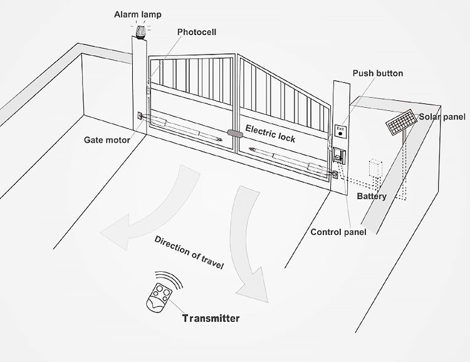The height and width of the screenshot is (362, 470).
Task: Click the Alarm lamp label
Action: pos(137,14)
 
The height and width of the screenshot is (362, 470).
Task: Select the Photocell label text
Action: pos(197,32)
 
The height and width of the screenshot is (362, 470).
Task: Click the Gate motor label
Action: pos(107,140)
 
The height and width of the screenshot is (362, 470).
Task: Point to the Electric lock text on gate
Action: pos(269,133)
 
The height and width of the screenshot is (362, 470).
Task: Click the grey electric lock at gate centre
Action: pos(236,133)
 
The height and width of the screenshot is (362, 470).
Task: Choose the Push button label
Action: pos(377,73)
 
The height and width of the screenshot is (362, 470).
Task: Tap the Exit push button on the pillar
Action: pos(340,131)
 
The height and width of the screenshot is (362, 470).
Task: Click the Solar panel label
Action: pos(442,117)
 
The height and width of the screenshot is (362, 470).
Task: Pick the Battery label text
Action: pos(372,196)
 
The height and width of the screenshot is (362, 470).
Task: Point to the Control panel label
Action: pos(338,232)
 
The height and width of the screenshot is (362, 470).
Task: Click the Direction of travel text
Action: pos(189,253)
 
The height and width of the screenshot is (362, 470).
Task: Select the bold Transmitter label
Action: pos(211,318)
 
